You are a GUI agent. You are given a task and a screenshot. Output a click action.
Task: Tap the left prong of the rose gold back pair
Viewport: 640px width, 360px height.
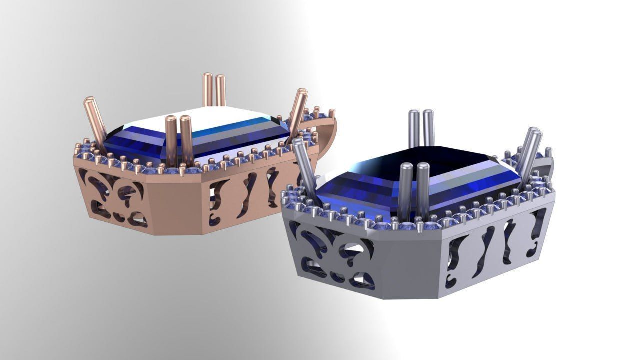pyautogui.click(x=207, y=90)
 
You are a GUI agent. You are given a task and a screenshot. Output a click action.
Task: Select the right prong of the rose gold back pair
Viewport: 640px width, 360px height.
pyautogui.click(x=220, y=90)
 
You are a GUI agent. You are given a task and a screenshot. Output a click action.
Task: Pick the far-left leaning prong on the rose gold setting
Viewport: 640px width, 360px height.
pyautogui.click(x=94, y=122)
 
